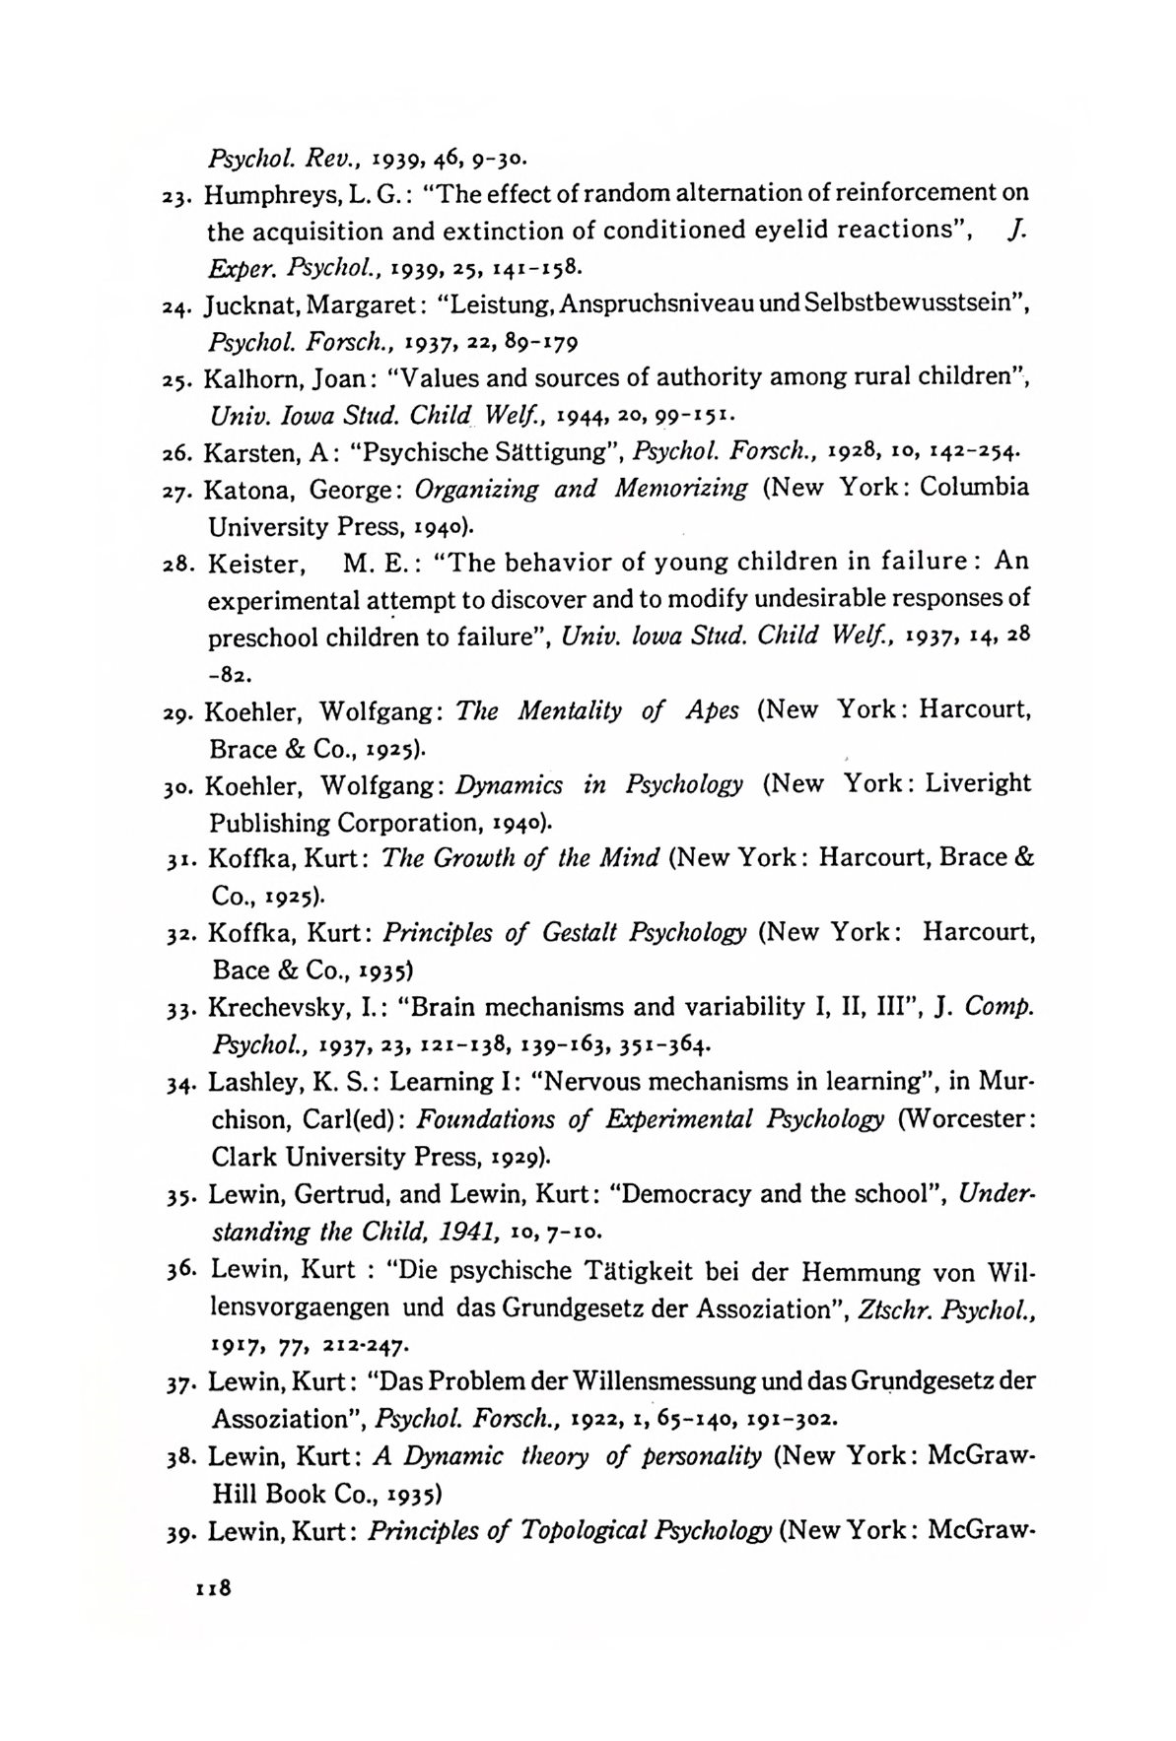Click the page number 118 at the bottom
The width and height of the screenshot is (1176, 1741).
pyautogui.click(x=213, y=1589)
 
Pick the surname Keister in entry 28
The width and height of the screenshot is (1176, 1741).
pyautogui.click(x=253, y=563)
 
